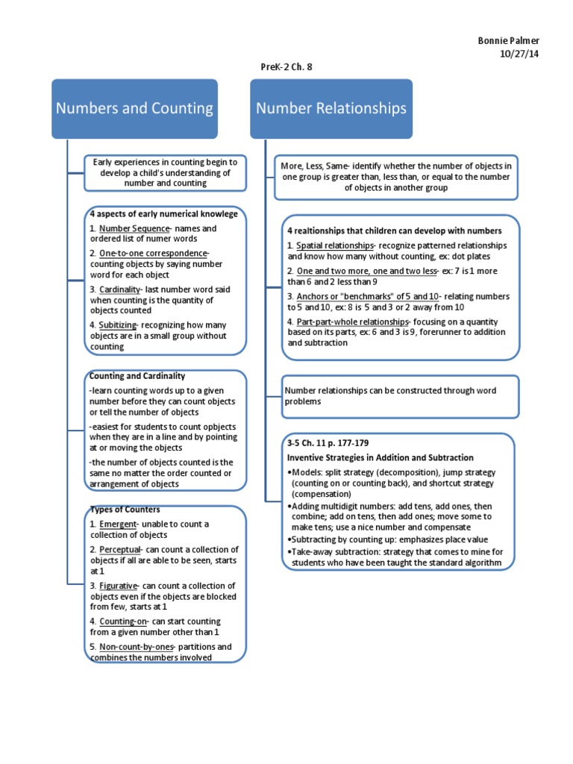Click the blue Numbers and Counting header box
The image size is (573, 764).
pyautogui.click(x=134, y=109)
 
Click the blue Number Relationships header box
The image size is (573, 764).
pyautogui.click(x=331, y=109)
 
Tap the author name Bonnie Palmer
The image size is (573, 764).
pyautogui.click(x=509, y=40)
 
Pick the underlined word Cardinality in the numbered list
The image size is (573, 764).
pyautogui.click(x=119, y=289)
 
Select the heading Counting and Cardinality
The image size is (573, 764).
pyautogui.click(x=137, y=376)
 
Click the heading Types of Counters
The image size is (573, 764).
pyautogui.click(x=125, y=510)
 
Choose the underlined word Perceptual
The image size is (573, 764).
pyautogui.click(x=120, y=550)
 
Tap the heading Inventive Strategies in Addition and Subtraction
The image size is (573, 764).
pyautogui.click(x=381, y=457)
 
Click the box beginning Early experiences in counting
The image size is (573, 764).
pyautogui.click(x=166, y=172)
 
